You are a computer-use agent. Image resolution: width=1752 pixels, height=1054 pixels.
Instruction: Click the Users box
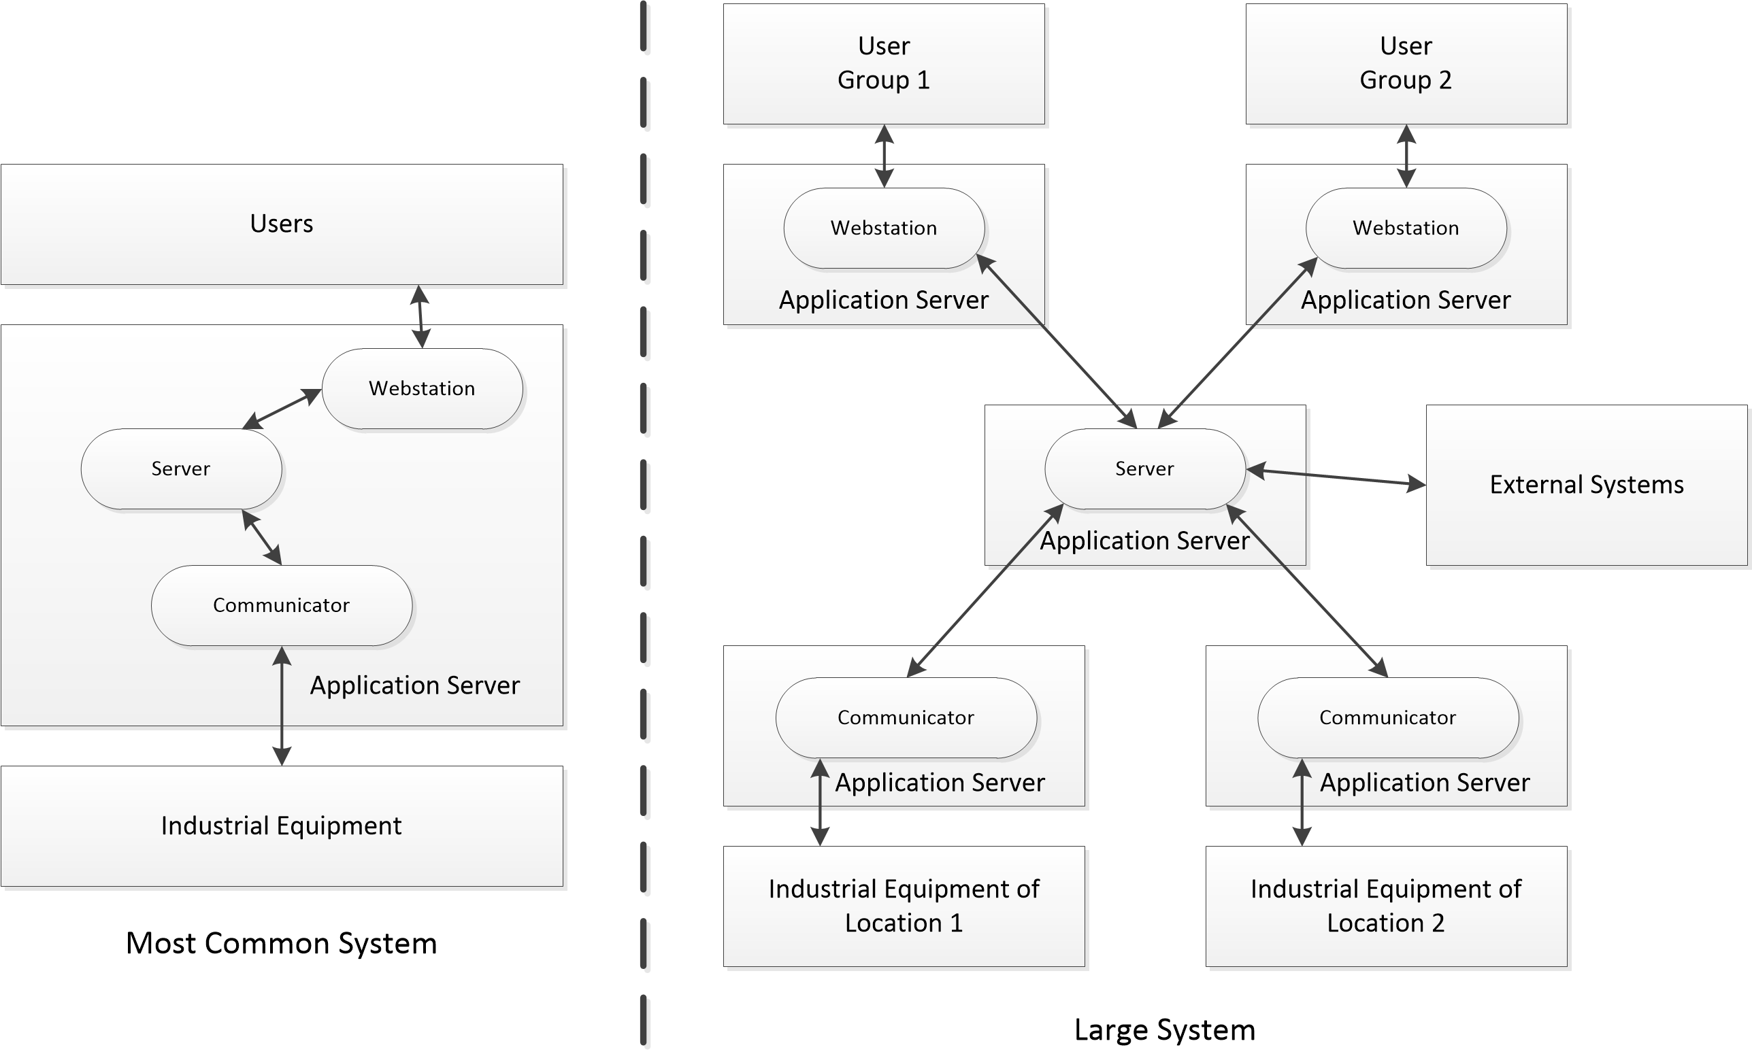[282, 224]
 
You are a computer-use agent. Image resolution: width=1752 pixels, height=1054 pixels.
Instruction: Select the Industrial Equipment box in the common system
[282, 826]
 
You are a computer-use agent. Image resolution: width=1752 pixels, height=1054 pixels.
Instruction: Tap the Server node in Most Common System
[181, 469]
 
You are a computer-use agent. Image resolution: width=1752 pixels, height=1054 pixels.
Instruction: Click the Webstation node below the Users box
[422, 388]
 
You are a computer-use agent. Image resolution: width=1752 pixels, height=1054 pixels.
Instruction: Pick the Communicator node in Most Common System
[282, 605]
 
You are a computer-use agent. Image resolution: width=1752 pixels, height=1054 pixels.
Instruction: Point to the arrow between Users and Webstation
[420, 317]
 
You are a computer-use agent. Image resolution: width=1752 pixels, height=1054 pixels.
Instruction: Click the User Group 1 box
[883, 64]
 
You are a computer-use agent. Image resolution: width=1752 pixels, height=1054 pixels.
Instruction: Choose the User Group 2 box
[1405, 64]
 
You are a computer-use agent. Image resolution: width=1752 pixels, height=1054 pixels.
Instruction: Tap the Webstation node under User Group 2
[1405, 228]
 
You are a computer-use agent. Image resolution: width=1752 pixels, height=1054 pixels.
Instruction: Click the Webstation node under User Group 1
[883, 228]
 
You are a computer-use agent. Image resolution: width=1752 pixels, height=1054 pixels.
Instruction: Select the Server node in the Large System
[1144, 469]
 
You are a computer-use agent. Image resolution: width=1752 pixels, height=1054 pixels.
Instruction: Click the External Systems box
[1586, 485]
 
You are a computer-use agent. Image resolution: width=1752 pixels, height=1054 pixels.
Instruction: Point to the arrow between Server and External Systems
[1336, 477]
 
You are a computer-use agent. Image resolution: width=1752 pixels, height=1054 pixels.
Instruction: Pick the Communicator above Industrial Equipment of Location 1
[905, 717]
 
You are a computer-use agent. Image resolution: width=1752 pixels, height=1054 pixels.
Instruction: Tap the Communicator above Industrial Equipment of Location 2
[1387, 717]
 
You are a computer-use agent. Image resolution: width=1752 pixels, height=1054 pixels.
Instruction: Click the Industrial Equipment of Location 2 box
[1385, 906]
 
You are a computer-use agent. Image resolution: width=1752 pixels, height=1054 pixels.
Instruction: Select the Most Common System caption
[282, 943]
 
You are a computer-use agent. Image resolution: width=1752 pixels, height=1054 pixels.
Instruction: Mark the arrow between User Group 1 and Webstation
[884, 156]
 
